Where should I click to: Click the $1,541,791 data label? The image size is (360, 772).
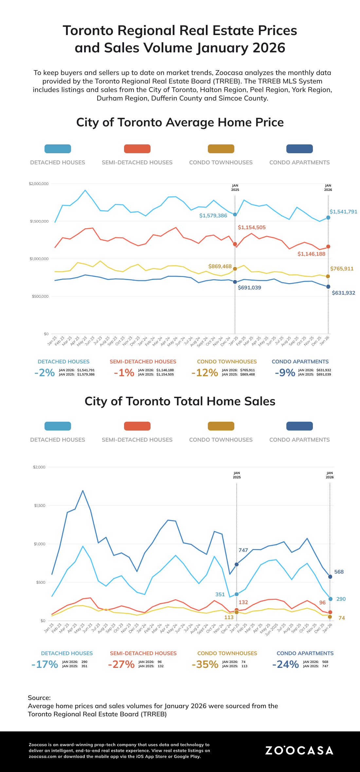343,212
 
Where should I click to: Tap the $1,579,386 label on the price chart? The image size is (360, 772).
213,216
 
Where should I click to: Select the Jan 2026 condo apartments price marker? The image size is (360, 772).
328,287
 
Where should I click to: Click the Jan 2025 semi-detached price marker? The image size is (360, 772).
235,244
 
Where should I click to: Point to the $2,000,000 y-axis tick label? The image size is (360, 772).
39,184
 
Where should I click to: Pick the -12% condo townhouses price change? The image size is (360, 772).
205,373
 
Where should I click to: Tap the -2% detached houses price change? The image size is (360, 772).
45,373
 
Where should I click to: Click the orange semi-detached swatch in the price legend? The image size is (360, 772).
137,149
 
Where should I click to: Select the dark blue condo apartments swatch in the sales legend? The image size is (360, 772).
299,426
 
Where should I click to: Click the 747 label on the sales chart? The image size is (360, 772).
243,550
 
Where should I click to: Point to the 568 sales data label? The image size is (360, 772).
339,572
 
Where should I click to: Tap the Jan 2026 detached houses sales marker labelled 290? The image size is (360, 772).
331,599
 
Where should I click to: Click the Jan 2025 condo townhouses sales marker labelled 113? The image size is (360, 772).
237,612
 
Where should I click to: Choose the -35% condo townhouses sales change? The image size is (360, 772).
205,664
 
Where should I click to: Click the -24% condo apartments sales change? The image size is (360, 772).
285,664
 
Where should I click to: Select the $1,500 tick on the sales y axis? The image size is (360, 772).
40,505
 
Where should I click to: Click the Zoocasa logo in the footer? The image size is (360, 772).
299,750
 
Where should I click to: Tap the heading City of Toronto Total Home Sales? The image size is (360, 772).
180,401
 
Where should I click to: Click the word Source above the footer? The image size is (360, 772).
39,698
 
